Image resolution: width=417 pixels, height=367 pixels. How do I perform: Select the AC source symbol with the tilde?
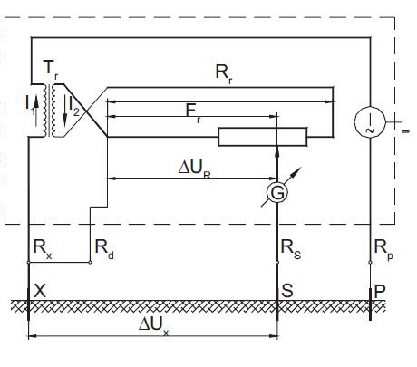[370, 121]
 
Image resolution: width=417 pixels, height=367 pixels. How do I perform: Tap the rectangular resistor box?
[263, 137]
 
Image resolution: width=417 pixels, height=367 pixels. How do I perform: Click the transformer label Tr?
[51, 69]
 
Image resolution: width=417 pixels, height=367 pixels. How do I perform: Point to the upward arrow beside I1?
[36, 111]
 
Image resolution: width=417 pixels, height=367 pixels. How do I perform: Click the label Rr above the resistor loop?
[224, 73]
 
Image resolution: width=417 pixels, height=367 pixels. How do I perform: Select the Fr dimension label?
[193, 113]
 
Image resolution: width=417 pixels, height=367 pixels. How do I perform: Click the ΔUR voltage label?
[194, 169]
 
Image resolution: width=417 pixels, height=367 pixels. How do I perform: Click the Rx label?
[43, 249]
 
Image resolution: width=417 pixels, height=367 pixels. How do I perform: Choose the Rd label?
[104, 249]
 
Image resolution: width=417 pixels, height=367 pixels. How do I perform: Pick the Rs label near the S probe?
[291, 249]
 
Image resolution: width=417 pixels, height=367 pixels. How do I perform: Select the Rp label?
[383, 249]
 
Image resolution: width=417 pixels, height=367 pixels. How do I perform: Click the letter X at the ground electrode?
[40, 291]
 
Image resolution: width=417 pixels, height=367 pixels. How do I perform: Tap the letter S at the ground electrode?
[287, 291]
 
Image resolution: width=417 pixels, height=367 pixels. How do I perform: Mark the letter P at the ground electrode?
[380, 291]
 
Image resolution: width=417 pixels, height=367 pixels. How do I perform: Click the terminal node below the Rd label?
[90, 263]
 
